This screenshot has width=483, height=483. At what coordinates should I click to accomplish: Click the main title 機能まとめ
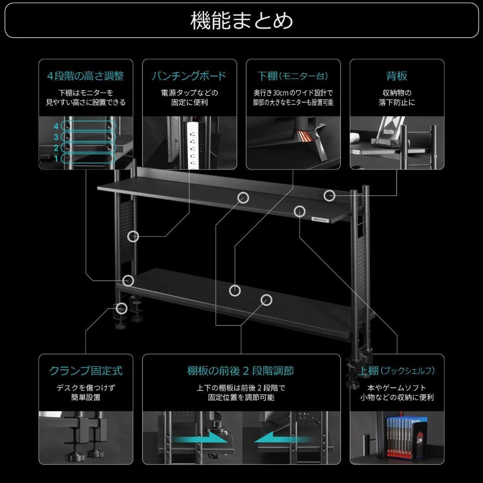click(241, 21)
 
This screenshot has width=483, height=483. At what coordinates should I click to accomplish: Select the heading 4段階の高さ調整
click(85, 76)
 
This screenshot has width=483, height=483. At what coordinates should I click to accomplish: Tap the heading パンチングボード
click(189, 76)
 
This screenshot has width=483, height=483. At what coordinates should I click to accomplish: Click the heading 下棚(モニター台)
click(293, 76)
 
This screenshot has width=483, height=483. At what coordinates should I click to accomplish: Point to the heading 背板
click(397, 76)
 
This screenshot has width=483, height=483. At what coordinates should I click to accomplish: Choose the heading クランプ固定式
click(85, 371)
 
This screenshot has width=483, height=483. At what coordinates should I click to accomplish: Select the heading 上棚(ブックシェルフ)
click(397, 371)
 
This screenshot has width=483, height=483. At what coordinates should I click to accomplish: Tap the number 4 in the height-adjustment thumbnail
click(56, 126)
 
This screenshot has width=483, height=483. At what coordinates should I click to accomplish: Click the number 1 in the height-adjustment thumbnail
click(56, 158)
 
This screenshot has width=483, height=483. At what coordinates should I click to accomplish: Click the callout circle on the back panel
click(329, 195)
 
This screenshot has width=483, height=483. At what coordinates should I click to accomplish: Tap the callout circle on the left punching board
click(133, 236)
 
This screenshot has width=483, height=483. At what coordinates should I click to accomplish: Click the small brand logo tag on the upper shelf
click(318, 220)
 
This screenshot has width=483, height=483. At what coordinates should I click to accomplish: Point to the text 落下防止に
click(397, 102)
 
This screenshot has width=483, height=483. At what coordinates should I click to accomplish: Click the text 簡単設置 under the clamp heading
click(85, 397)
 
